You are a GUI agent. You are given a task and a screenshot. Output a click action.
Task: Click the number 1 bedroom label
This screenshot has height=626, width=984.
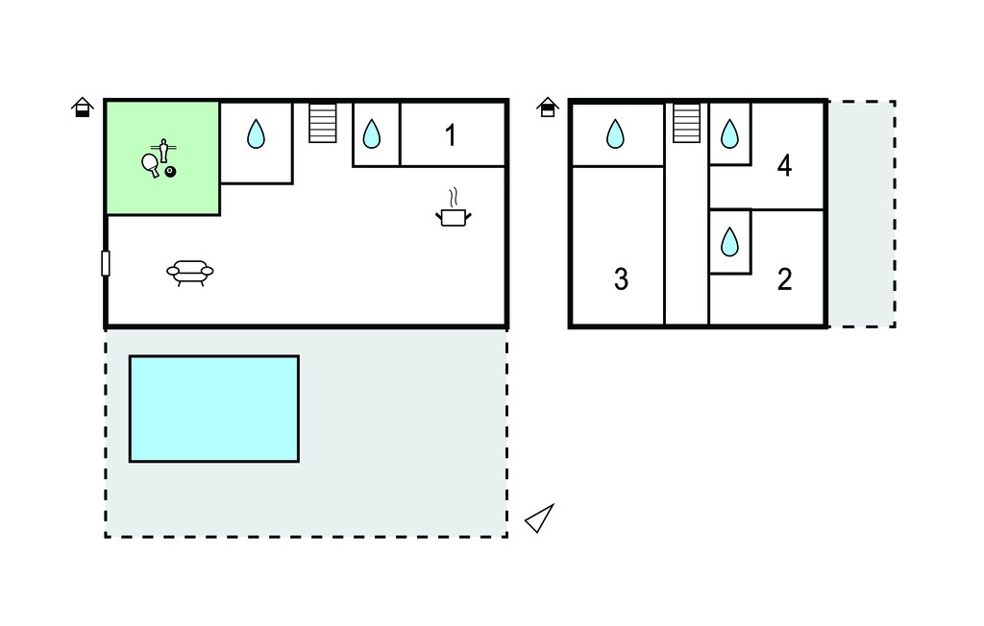coord(450,135)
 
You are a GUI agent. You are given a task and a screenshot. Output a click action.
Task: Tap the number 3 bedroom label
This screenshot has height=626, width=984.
coord(621,279)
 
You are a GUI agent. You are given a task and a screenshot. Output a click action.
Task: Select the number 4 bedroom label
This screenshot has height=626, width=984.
coord(784,165)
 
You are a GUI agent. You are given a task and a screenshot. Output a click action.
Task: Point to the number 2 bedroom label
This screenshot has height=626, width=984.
coord(784,279)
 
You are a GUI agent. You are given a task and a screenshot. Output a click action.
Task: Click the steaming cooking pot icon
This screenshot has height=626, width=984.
coord(454,209)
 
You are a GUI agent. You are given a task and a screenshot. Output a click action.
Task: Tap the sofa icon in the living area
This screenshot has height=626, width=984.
coord(190,273)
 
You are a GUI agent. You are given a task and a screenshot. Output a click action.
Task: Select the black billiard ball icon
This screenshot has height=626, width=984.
coord(170,172)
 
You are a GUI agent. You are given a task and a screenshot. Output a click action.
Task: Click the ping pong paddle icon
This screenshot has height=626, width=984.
coord(151,165)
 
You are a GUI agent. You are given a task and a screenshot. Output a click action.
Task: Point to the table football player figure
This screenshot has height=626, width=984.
coord(163,150)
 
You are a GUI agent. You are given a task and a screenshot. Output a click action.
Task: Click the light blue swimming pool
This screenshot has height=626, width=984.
coord(214,409)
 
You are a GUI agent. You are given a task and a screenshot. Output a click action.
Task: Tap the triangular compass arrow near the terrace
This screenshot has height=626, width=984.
coord(540,518)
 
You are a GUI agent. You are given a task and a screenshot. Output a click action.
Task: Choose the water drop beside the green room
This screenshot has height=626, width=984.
coord(256,133)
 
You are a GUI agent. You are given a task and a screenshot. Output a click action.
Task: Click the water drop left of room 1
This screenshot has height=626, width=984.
coord(372,133)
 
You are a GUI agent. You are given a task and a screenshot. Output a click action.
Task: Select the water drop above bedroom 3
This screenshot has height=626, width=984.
coord(615,133)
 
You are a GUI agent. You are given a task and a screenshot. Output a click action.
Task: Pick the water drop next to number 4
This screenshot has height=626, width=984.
coord(729,133)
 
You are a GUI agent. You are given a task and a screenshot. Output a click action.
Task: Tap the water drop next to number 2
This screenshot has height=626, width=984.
coord(729,242)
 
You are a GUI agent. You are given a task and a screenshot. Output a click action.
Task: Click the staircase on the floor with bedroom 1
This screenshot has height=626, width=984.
coord(323,123)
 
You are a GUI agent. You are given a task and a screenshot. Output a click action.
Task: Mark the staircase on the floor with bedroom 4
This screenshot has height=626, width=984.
coord(686,123)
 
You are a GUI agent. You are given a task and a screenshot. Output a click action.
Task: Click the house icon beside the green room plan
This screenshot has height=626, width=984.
coord(83,108)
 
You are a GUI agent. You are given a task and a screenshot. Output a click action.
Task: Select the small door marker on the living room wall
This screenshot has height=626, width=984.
coord(106,263)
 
